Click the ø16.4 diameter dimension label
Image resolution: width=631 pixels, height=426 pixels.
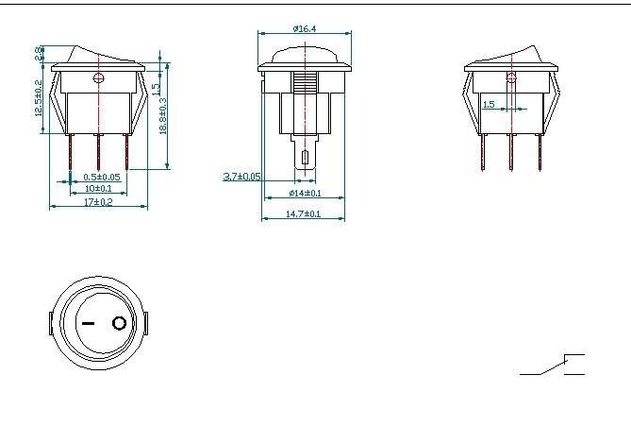[x=304, y=29]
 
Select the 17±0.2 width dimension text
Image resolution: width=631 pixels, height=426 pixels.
[x=98, y=203]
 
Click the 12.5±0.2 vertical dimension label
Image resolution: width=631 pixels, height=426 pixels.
[x=39, y=98]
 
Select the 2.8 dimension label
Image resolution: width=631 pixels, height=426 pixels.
[x=39, y=53]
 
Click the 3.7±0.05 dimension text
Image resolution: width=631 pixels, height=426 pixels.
[x=241, y=177]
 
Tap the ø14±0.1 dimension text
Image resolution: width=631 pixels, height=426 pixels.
[x=304, y=194]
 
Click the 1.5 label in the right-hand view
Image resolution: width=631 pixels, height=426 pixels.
[x=489, y=105]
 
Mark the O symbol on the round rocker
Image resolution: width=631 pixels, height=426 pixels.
[x=119, y=324]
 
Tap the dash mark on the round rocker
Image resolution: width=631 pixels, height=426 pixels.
[x=88, y=324]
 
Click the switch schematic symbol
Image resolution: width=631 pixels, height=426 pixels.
[x=553, y=366]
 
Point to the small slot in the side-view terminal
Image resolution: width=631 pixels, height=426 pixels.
[x=304, y=157]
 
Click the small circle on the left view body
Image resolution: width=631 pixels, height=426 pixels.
[x=98, y=80]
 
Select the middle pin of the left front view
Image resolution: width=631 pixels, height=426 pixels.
[x=98, y=151]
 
